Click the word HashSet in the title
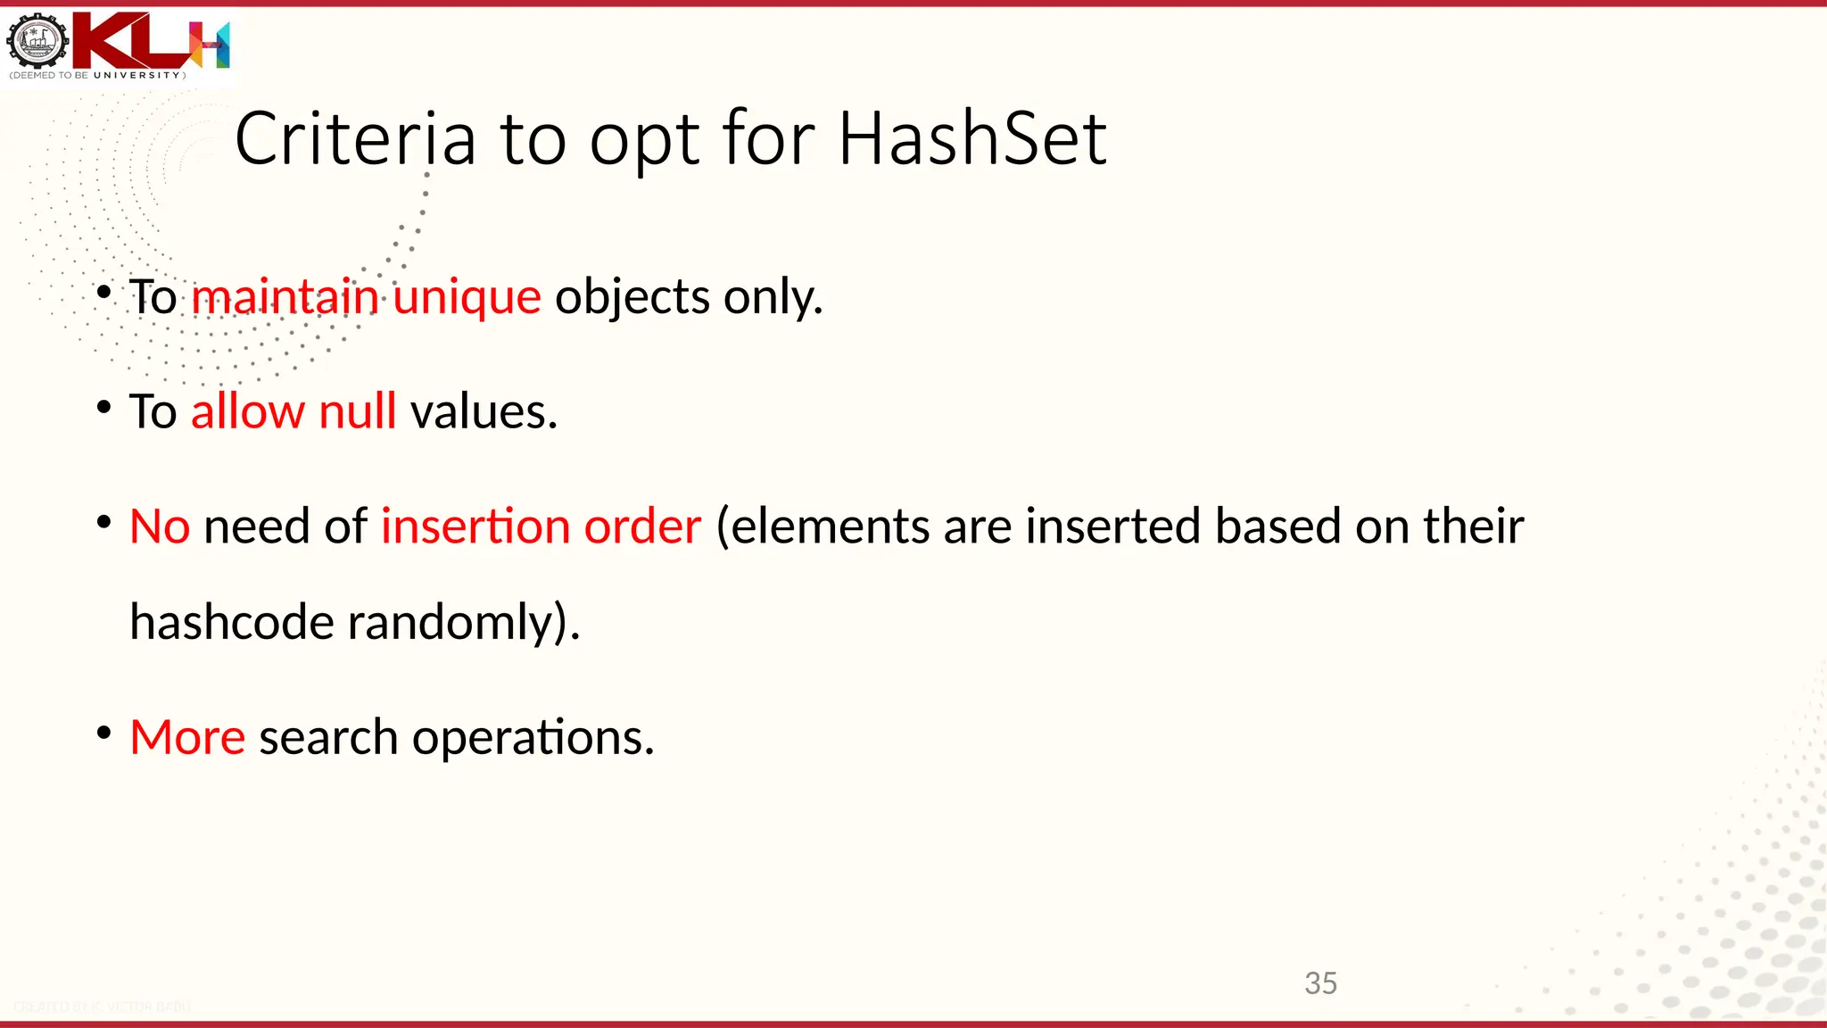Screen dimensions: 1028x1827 point(972,139)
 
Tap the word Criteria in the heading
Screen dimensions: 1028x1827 point(355,139)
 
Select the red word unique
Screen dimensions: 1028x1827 point(467,297)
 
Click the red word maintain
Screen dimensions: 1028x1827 point(285,297)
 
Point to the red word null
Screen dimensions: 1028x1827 point(357,411)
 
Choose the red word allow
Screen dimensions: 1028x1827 point(248,411)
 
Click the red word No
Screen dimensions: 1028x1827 point(159,526)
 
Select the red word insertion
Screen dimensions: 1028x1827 point(475,526)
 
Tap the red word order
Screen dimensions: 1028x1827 point(642,526)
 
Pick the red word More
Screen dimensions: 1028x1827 point(187,737)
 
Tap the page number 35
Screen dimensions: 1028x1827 point(1320,983)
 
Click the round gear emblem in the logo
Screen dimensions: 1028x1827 point(37,41)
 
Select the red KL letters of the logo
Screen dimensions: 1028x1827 point(134,40)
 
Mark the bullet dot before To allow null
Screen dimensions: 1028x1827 point(104,408)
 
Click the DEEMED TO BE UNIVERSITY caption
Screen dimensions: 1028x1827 point(97,76)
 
